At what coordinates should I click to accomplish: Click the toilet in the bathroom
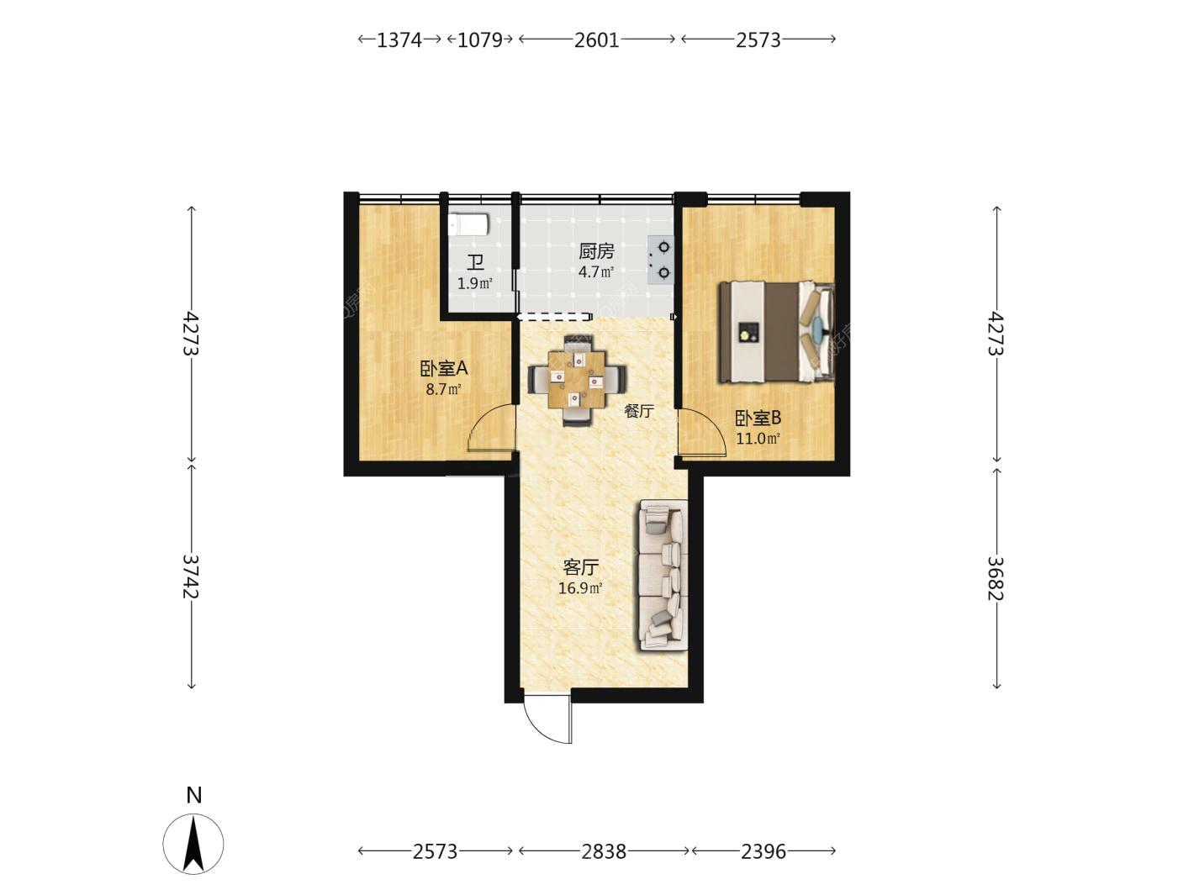[x=468, y=224]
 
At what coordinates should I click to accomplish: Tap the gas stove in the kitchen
[x=660, y=260]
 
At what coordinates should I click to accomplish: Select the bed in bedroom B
[x=777, y=332]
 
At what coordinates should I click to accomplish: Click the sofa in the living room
[x=663, y=575]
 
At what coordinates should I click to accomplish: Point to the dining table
[x=577, y=379]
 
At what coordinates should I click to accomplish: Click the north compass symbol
[x=193, y=845]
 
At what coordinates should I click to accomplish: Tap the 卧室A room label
[x=444, y=369]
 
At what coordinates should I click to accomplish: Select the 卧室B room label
[x=758, y=418]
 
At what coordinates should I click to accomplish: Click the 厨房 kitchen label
[x=596, y=251]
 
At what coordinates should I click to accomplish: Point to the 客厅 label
[x=580, y=567]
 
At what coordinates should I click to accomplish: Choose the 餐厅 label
[x=638, y=411]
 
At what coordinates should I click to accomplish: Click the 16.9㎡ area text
[x=580, y=588]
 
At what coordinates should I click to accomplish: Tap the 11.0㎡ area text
[x=758, y=439]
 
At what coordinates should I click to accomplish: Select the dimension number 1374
[x=399, y=39]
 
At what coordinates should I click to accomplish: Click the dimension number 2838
[x=604, y=851]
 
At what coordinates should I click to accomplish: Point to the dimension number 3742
[x=190, y=576]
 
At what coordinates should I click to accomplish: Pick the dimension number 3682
[x=996, y=578]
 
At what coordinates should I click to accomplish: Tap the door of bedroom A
[x=491, y=428]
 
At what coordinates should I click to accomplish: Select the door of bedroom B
[x=702, y=433]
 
